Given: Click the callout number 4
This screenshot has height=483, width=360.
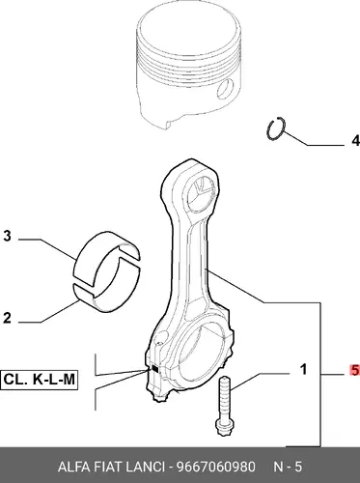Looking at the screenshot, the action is click(355, 141).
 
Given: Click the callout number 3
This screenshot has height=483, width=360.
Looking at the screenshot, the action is click(7, 236).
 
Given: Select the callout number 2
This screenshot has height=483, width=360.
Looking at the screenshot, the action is click(7, 318).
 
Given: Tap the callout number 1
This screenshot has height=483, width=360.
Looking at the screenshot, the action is click(303, 370).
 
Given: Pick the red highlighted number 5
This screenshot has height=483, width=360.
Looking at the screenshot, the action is click(354, 370).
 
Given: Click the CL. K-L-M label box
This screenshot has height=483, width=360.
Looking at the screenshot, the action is click(39, 380).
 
